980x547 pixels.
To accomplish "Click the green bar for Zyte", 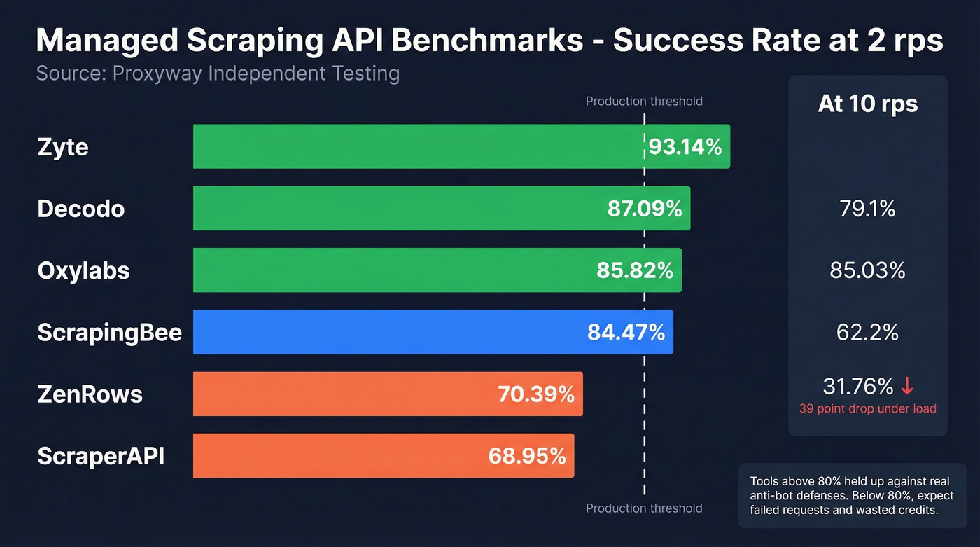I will point(420,146).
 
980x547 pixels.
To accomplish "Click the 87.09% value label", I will point(645,209).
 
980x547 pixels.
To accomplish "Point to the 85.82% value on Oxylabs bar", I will point(635,270).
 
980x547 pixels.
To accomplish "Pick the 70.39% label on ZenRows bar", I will point(536,394).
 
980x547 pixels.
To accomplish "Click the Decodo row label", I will point(81,209).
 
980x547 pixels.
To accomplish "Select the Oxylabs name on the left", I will point(84,271).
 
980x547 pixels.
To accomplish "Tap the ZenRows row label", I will point(90,394).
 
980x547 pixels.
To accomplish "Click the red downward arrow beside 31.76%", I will point(907,386).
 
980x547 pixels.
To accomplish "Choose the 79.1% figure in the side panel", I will point(867,209).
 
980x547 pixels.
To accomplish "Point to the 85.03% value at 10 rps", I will point(867,270).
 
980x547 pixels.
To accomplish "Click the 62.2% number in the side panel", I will point(867,332).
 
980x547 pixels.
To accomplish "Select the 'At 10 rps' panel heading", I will point(867,104).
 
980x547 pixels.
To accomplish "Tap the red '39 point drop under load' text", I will point(867,408).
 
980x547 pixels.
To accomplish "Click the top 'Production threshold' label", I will point(644,102).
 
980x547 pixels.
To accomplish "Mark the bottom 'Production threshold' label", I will point(644,508).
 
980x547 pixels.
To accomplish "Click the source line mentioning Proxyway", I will point(218,74).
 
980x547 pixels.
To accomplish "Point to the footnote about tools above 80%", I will point(852,496).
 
